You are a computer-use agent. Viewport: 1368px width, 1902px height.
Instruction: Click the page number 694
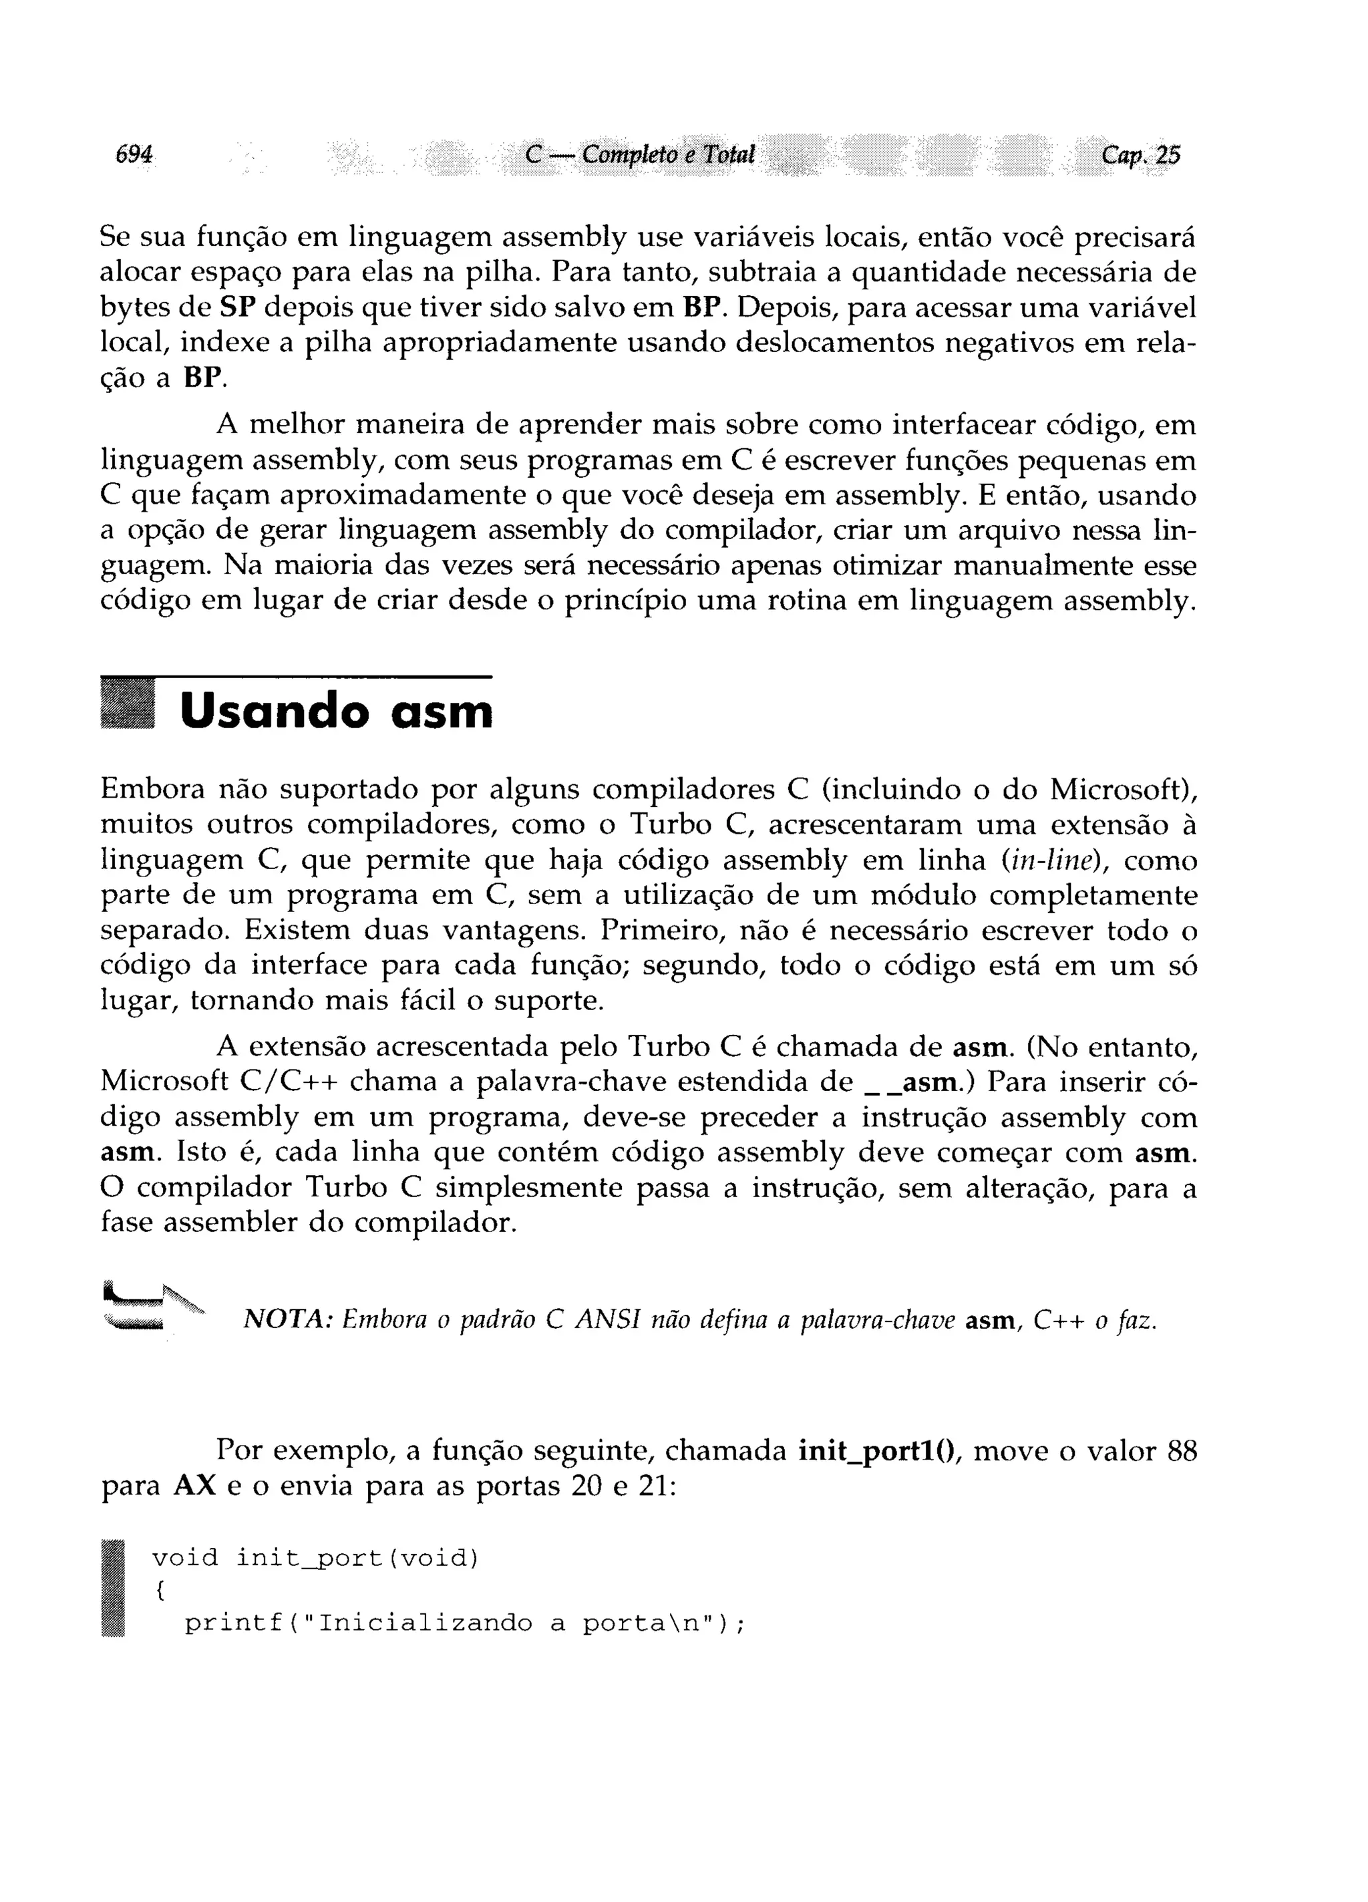pos(134,154)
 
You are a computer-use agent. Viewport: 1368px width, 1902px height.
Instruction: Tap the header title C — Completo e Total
pos(639,154)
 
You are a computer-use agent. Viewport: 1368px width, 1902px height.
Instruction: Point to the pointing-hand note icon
pos(151,1307)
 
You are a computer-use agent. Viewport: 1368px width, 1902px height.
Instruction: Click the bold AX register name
pos(194,1485)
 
